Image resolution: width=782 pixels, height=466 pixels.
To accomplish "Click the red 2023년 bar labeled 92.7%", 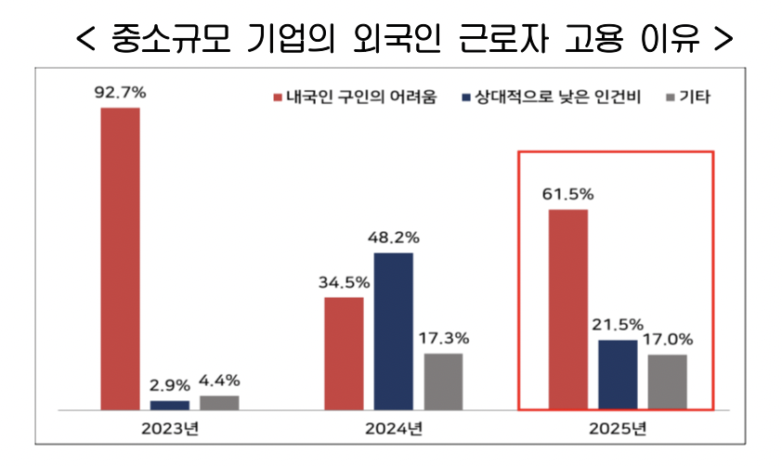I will click(x=121, y=258).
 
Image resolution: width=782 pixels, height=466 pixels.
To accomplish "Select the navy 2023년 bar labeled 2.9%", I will click(x=169, y=405).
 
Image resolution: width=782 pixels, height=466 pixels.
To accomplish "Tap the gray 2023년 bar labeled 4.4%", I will click(x=219, y=402).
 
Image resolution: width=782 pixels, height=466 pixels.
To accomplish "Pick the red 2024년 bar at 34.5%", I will click(x=345, y=353).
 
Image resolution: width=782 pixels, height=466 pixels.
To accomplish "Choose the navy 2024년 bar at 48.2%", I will click(x=394, y=330).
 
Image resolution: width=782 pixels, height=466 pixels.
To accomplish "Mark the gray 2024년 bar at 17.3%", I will click(x=443, y=381).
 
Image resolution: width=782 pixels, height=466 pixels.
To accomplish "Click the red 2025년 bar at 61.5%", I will click(x=568, y=309).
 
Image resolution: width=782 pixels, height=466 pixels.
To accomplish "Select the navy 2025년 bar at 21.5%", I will click(x=618, y=374).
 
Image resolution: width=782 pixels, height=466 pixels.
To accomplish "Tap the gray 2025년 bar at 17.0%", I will click(x=667, y=382).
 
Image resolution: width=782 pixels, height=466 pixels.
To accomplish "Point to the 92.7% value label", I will click(x=121, y=93).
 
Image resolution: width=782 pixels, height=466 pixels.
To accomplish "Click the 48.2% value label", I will click(x=394, y=238).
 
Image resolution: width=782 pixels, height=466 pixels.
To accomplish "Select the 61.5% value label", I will click(x=568, y=195).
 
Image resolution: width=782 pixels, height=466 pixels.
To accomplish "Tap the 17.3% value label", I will click(x=444, y=338).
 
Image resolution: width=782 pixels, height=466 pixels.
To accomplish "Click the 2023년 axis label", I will click(x=170, y=428).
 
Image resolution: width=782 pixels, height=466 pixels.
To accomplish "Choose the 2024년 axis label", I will click(x=394, y=428).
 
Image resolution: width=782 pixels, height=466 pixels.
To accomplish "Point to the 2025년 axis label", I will click(x=618, y=428).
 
